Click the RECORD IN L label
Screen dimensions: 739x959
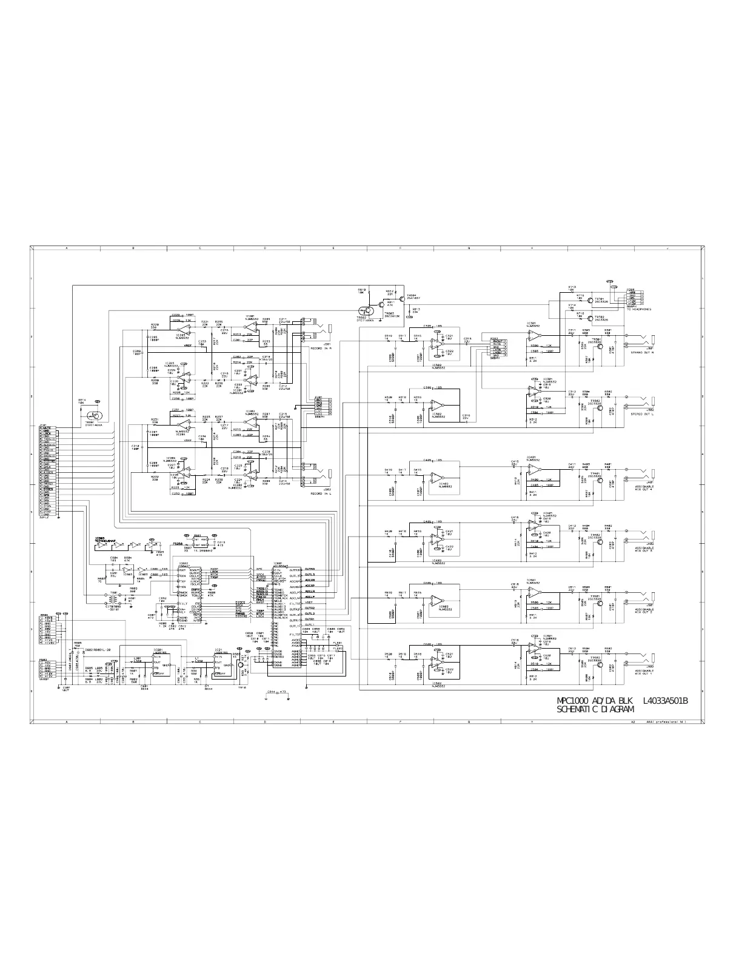(319, 495)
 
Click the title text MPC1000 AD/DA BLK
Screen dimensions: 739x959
(595, 701)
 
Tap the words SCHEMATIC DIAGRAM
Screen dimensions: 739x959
(595, 709)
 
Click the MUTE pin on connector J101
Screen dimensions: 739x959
(48, 428)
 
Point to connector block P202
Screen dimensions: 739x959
(498, 347)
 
